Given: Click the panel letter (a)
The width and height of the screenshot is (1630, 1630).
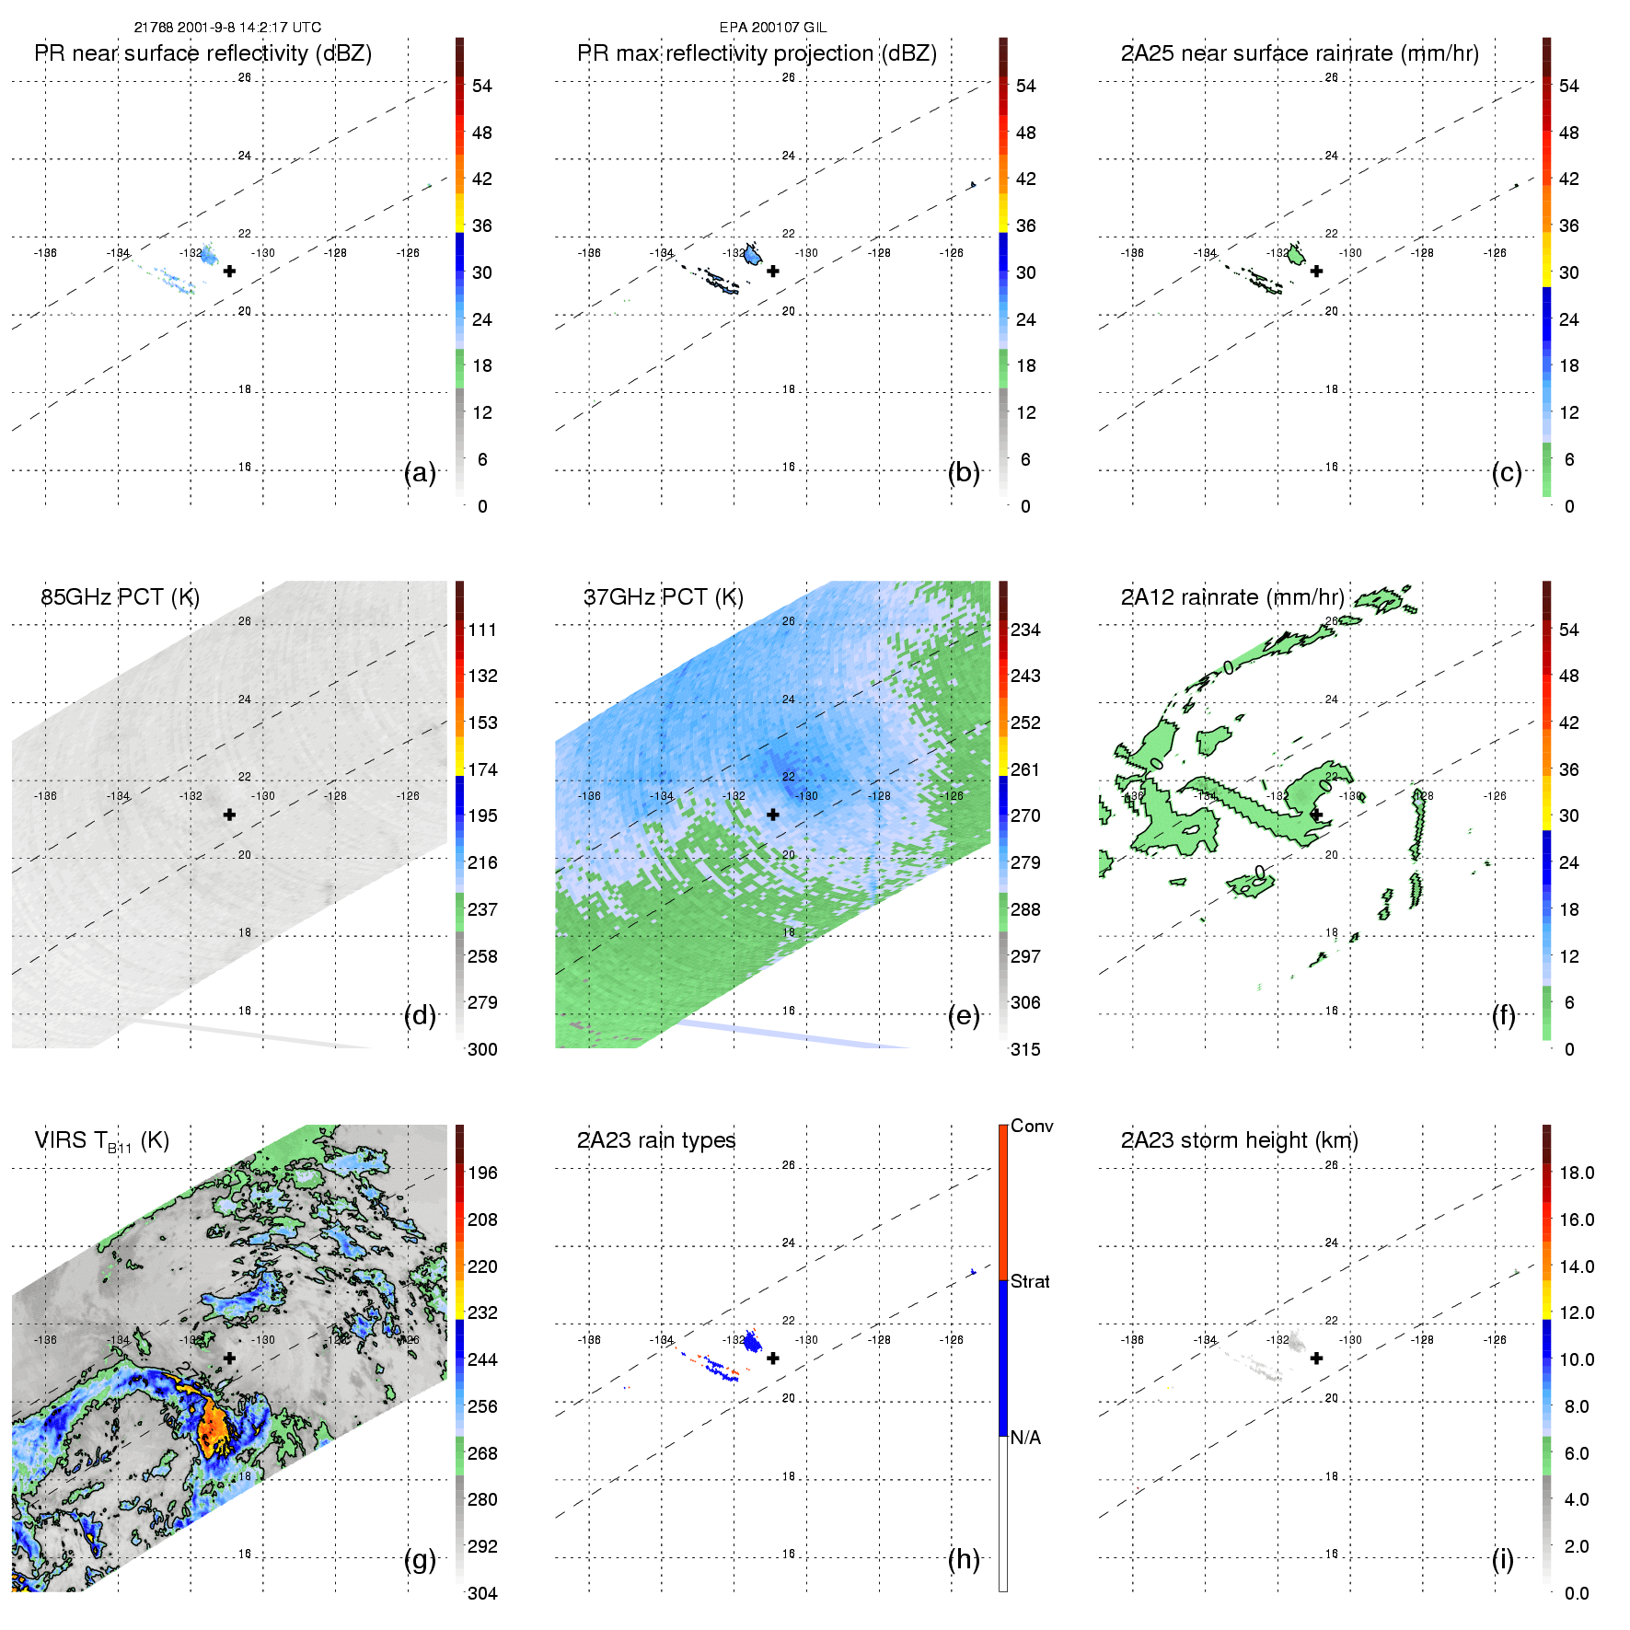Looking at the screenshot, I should click(x=420, y=472).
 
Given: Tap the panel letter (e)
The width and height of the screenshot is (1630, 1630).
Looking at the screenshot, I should click(x=964, y=1015).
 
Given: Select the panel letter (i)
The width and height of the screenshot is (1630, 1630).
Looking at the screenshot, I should click(x=1502, y=1559).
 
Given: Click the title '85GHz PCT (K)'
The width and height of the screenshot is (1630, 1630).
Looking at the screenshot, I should click(x=120, y=596).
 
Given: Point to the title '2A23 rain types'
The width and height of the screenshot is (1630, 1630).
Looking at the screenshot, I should click(x=656, y=1140).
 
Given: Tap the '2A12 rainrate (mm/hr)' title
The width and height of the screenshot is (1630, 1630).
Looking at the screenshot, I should click(x=1232, y=596).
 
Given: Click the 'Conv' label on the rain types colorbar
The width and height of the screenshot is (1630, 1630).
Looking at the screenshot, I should click(x=1032, y=1126).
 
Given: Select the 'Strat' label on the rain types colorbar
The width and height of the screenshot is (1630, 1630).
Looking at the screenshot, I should click(x=1030, y=1281).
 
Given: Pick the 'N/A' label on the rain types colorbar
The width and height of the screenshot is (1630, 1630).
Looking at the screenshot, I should click(x=1025, y=1438).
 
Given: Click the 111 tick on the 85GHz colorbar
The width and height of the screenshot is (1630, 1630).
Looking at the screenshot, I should click(x=482, y=630).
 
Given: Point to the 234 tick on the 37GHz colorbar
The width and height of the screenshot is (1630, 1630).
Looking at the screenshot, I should click(x=1025, y=630).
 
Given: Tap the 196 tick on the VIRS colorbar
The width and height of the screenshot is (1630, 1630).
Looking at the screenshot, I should click(x=482, y=1173).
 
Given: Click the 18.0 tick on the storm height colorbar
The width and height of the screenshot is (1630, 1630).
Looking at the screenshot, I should click(x=1577, y=1173).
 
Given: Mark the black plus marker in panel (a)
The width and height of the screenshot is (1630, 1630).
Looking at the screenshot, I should click(x=229, y=271).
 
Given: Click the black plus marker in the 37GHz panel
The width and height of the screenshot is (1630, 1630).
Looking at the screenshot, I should click(x=773, y=815).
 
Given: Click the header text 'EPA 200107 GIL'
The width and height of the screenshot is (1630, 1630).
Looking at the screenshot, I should click(x=773, y=28).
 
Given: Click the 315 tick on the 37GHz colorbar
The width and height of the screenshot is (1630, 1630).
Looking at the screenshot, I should click(x=1025, y=1049).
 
